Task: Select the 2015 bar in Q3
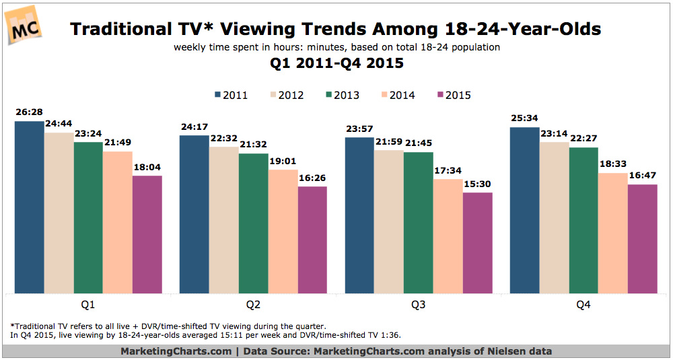click(x=478, y=243)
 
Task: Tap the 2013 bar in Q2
click(x=253, y=223)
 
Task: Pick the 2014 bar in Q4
click(x=612, y=233)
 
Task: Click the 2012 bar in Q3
click(x=389, y=221)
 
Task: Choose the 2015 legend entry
click(x=454, y=95)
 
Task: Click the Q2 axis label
click(x=254, y=304)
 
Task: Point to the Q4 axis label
click(x=583, y=304)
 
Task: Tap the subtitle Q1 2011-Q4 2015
click(x=336, y=65)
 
